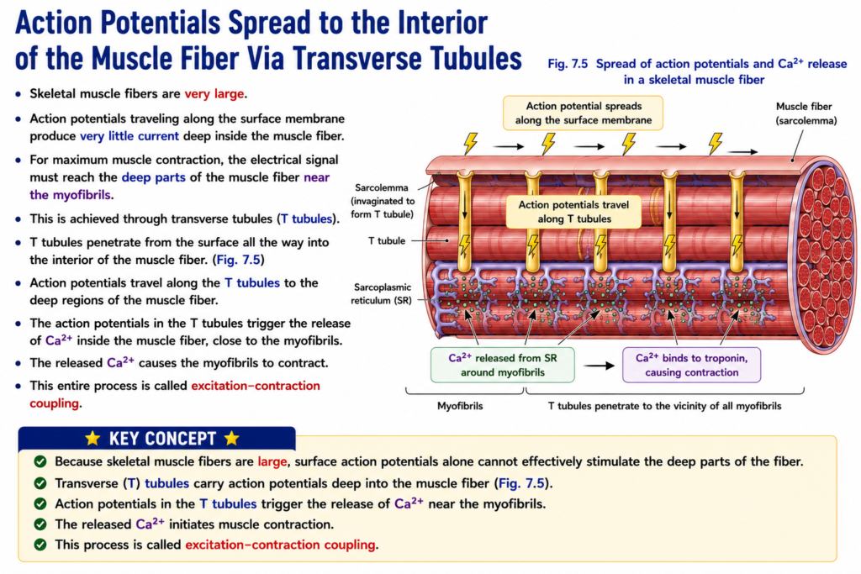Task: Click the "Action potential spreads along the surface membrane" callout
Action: click(x=583, y=113)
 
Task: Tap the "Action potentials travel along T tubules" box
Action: click(x=573, y=212)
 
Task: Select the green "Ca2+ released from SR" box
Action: click(x=503, y=365)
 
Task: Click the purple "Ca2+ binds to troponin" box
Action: click(x=691, y=365)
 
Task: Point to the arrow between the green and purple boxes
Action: click(x=599, y=366)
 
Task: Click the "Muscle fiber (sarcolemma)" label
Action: click(x=806, y=113)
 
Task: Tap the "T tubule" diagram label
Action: click(x=387, y=241)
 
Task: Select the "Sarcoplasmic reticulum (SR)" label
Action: click(x=383, y=293)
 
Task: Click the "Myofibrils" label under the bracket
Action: click(x=460, y=406)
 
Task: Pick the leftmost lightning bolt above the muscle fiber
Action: click(x=471, y=143)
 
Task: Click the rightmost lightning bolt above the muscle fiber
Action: click(x=715, y=143)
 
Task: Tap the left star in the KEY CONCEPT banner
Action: click(x=92, y=438)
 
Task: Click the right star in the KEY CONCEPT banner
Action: click(x=232, y=438)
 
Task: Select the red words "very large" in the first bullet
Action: click(x=214, y=94)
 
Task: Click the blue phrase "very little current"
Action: click(x=129, y=136)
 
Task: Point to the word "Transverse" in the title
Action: click(x=357, y=58)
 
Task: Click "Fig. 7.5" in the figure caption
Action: click(x=568, y=64)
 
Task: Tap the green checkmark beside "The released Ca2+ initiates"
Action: click(x=40, y=524)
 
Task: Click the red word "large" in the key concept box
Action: click(x=272, y=461)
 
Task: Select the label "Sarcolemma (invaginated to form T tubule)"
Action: click(x=383, y=201)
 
